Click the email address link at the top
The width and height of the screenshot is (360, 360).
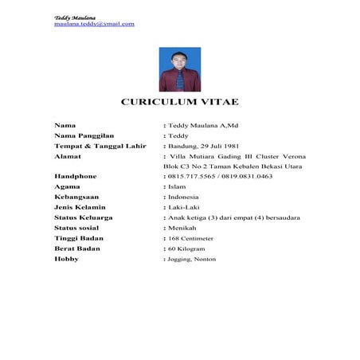click(94, 24)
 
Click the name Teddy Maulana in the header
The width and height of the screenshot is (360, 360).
click(73, 17)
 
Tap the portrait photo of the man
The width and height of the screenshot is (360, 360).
click(180, 69)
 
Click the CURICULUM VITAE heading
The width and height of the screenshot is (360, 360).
click(179, 104)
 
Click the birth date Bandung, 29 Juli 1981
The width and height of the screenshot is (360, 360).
click(205, 147)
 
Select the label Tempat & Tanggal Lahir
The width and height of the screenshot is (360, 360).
click(99, 147)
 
